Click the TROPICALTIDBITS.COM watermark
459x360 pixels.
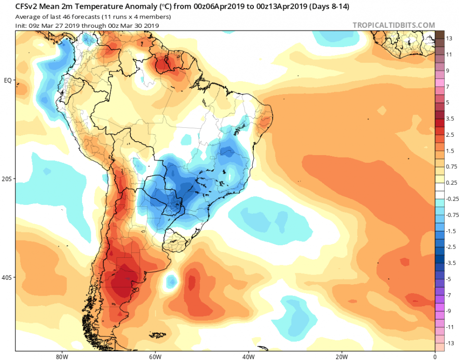coord(393,25)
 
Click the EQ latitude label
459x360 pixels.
coord(8,80)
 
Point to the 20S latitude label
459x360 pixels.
coord(6,179)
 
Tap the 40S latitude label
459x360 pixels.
coord(6,277)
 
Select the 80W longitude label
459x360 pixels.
coord(62,357)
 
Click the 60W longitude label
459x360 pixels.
coord(155,357)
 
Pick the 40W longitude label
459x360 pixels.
coord(248,357)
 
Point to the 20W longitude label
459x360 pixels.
coord(341,357)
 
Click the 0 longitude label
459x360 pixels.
coord(435,357)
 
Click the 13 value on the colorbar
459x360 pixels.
coord(449,38)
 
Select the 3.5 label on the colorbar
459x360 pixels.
coord(450,119)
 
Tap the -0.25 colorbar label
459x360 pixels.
coord(452,199)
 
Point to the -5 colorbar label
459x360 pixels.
coord(448,279)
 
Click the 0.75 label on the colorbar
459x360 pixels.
coord(451,167)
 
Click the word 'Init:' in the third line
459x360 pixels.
coord(22,26)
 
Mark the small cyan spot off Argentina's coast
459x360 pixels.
coord(172,282)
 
